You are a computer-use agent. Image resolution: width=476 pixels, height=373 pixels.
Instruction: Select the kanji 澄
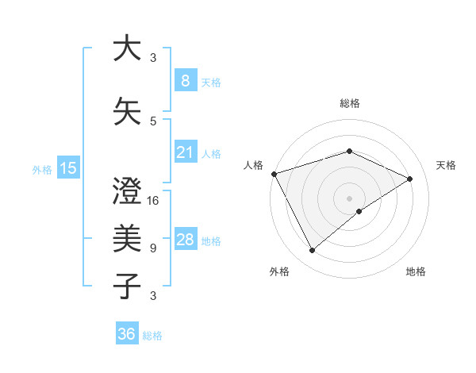tap(127, 190)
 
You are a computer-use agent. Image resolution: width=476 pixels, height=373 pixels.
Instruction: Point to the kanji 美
tap(127, 238)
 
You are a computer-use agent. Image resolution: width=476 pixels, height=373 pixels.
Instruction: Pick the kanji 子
tap(127, 286)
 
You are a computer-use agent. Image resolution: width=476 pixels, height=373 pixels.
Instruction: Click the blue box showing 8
tap(185, 80)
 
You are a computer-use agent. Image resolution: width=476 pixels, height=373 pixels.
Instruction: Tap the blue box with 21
tap(185, 152)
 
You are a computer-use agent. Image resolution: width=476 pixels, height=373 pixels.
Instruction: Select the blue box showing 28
tap(185, 240)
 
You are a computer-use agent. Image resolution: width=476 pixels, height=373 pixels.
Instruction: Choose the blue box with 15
tap(67, 167)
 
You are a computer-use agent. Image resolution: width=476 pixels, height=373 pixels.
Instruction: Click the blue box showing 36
tap(126, 334)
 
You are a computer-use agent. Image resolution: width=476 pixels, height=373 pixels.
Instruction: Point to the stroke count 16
tap(154, 200)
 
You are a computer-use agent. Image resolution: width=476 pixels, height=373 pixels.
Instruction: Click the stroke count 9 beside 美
tap(153, 248)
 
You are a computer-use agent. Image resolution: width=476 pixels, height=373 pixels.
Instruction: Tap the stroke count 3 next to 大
tap(153, 57)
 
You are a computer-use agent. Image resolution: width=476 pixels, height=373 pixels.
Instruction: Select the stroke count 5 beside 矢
tap(153, 121)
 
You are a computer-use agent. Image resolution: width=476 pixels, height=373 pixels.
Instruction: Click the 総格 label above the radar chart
tap(349, 103)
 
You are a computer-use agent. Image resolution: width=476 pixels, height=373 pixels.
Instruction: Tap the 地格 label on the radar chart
tap(416, 271)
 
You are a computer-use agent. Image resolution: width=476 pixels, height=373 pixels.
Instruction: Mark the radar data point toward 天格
tap(410, 179)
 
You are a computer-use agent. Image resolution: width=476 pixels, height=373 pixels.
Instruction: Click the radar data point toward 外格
tap(312, 251)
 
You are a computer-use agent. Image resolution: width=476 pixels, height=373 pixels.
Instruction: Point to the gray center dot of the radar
tap(349, 198)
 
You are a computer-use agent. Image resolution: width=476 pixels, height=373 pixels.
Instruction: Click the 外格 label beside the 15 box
tap(42, 169)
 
